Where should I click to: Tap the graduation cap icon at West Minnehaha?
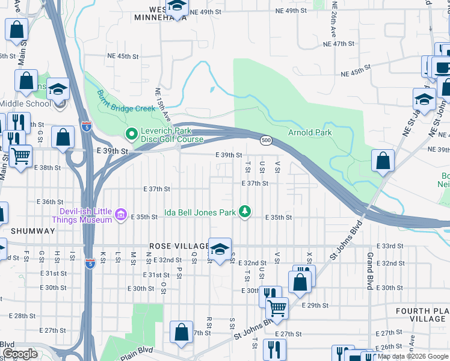pyautogui.click(x=177, y=6)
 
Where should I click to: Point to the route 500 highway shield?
pyautogui.click(x=265, y=140)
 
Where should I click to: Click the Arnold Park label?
pyautogui.click(x=310, y=132)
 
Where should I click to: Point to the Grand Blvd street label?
pyautogui.click(x=369, y=271)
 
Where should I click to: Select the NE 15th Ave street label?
pyautogui.click(x=159, y=104)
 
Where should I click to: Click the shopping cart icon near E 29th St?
pyautogui.click(x=277, y=308)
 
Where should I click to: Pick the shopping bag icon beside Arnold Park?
pyautogui.click(x=383, y=161)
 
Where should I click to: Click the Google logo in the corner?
pyautogui.click(x=20, y=354)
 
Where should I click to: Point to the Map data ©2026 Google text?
pyautogui.click(x=412, y=357)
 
